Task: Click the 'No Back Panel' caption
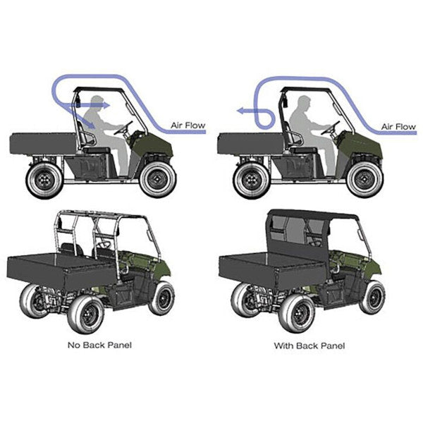click(99, 345)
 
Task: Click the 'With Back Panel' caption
click(309, 345)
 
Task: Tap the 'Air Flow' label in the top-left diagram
click(188, 125)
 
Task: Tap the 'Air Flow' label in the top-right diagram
click(398, 126)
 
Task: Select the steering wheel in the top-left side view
click(123, 128)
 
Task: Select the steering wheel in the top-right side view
click(330, 128)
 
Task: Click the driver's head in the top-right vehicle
click(304, 102)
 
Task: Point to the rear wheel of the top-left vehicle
click(45, 180)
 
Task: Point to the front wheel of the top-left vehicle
click(158, 179)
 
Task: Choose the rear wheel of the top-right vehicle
click(252, 180)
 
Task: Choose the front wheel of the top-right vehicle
click(365, 179)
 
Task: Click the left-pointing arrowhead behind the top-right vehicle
click(240, 111)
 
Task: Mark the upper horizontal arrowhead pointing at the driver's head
click(106, 105)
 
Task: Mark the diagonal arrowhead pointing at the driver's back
click(91, 125)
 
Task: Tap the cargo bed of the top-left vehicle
click(43, 143)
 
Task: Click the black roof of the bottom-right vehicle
click(313, 214)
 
